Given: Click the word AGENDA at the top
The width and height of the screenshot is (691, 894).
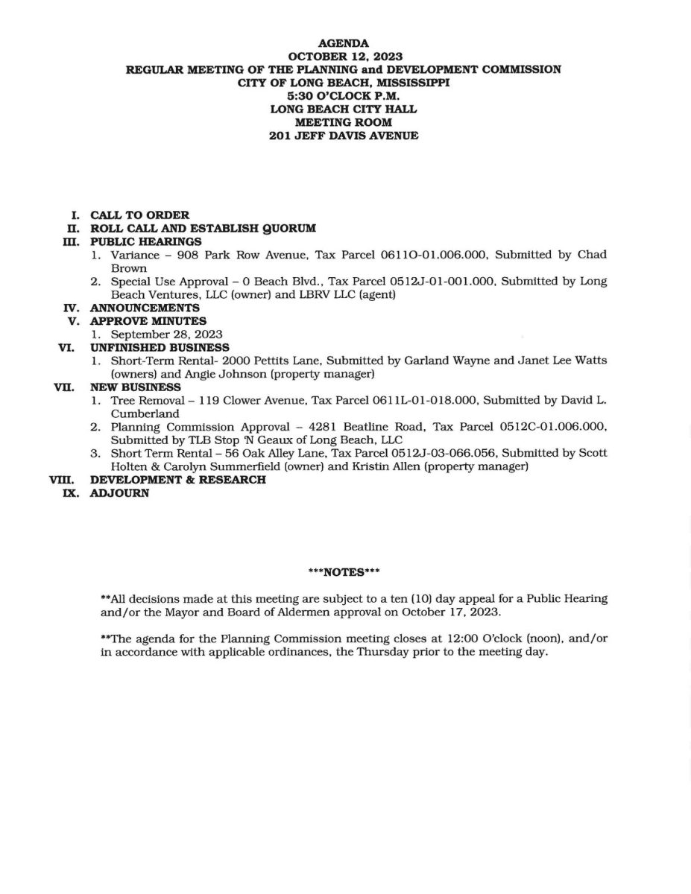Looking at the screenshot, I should [x=344, y=44].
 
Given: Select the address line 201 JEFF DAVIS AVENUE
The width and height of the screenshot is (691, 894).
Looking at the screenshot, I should [x=344, y=136].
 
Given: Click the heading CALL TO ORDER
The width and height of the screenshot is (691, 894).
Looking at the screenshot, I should [x=139, y=215].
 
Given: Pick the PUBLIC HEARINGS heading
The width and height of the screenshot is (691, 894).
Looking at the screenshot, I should [x=145, y=241].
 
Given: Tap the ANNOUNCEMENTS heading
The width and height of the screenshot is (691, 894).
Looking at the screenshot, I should [x=145, y=308].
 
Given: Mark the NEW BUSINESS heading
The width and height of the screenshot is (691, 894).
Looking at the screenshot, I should [x=136, y=387].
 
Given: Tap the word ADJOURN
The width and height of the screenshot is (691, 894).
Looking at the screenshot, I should [x=119, y=493].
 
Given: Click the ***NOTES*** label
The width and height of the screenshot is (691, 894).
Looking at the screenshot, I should [x=344, y=572].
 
